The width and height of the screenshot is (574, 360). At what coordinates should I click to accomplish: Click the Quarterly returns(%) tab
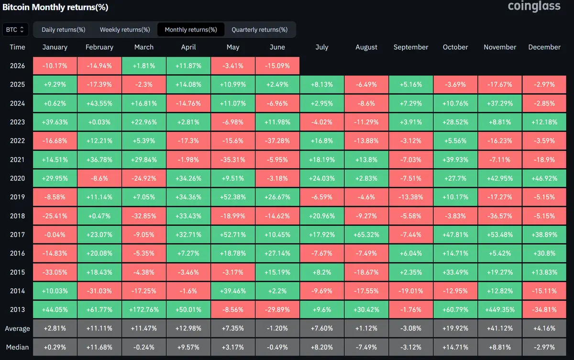(x=259, y=30)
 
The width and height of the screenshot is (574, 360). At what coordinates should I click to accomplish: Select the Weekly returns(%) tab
(x=125, y=30)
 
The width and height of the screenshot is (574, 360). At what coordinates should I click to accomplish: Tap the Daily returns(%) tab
(x=63, y=30)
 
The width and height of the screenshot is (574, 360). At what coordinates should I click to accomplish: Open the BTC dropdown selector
(x=15, y=30)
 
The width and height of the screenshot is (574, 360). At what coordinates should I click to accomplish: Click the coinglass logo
(x=534, y=6)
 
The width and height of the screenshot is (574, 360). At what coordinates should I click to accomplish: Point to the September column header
(x=411, y=47)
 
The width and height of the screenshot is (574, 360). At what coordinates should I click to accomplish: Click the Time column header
(x=17, y=47)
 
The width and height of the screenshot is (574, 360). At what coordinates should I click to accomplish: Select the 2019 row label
(x=17, y=197)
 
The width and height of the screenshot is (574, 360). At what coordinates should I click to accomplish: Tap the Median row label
(x=17, y=347)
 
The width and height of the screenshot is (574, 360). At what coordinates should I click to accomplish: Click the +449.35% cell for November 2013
(x=500, y=310)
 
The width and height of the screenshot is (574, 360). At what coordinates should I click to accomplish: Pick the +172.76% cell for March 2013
(x=144, y=310)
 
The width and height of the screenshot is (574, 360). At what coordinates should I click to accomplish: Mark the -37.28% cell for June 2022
(x=277, y=141)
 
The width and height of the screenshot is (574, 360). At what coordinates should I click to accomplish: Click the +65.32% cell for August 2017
(x=366, y=235)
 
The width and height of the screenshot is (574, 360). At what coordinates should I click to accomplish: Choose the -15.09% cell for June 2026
(x=277, y=66)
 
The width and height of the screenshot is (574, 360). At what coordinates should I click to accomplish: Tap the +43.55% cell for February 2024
(x=99, y=103)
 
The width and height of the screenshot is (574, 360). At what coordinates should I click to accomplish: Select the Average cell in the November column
(x=500, y=328)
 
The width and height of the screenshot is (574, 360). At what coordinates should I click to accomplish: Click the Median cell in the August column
(x=366, y=347)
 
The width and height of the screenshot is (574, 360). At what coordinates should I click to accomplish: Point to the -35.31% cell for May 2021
(x=232, y=160)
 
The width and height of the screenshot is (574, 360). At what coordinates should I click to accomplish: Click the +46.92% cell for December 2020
(x=544, y=178)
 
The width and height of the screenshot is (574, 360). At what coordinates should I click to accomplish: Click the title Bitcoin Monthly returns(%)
(x=55, y=7)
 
